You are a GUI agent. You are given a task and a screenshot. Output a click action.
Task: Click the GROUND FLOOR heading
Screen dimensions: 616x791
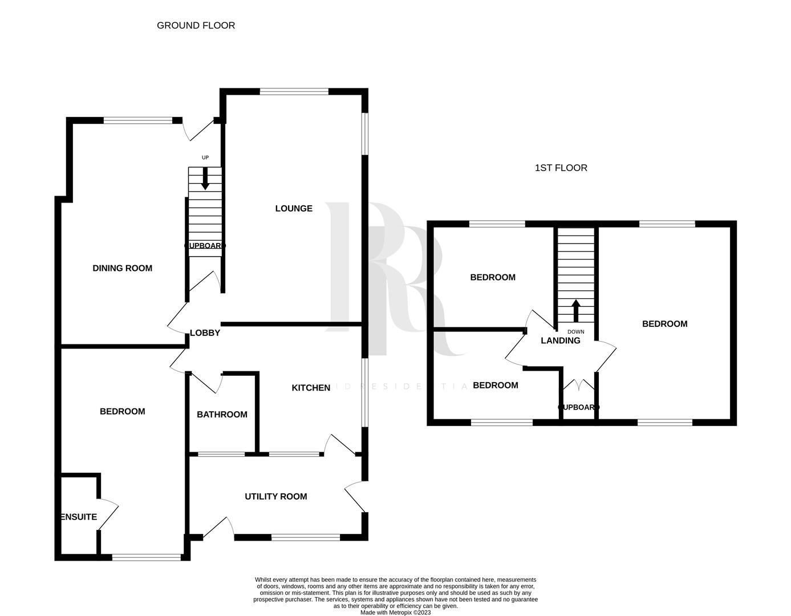[x=196, y=25]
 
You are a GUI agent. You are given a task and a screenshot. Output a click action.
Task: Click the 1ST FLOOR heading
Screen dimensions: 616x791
[x=561, y=168]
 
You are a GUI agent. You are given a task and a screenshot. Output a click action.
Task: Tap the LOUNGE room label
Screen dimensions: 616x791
[x=294, y=208]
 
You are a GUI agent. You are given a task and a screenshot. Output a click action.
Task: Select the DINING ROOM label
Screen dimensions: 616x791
[x=122, y=268]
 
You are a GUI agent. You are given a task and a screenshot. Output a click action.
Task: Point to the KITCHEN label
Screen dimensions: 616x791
[x=311, y=388]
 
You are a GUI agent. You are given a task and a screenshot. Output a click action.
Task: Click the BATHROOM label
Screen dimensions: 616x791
[x=222, y=414]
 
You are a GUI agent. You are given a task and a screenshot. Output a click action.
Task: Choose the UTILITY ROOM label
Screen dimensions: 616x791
[x=275, y=496]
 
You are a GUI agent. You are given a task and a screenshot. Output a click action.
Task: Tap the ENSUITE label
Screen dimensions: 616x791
[x=79, y=517]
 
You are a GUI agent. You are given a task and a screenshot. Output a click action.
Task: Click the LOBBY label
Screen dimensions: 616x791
[x=205, y=333]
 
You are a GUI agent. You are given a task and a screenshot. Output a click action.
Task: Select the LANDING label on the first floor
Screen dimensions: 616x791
[x=561, y=341]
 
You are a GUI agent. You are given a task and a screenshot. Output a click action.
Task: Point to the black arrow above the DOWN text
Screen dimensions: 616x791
[x=575, y=311]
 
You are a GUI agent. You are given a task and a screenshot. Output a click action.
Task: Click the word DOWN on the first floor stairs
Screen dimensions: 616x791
[x=575, y=331]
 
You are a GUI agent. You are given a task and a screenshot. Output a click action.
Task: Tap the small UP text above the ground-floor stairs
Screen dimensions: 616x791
[x=205, y=157]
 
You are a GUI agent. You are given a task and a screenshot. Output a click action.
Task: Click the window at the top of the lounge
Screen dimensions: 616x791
[x=294, y=91]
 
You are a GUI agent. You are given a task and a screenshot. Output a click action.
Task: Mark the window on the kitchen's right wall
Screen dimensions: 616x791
[x=364, y=392]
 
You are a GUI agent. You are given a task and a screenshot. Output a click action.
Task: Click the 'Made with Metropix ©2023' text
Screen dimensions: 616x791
[x=395, y=613]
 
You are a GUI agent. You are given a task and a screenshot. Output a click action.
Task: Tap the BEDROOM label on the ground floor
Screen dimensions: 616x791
[x=122, y=411]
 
